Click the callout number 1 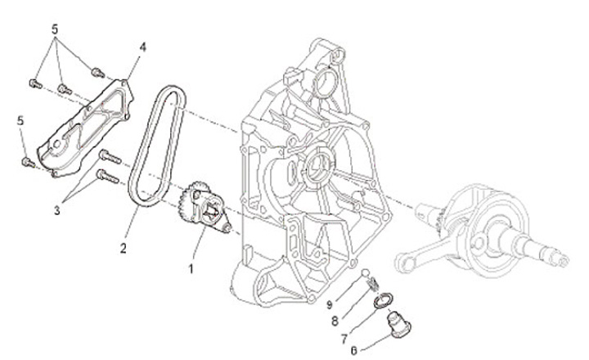(x=193, y=267)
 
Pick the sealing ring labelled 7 (x=382, y=303)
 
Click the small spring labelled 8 (x=373, y=284)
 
